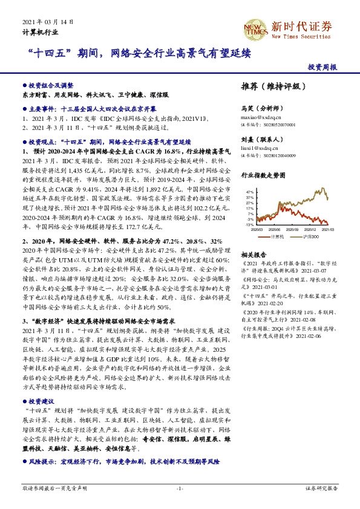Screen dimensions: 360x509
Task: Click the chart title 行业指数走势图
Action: click(x=261, y=176)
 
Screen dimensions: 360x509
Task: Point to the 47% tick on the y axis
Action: click(x=249, y=191)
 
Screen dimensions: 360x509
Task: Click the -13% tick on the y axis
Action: click(x=249, y=224)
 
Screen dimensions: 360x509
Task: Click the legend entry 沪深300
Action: click(x=310, y=236)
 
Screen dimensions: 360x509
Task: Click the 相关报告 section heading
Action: click(x=253, y=254)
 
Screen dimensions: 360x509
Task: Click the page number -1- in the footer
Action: click(x=179, y=487)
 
